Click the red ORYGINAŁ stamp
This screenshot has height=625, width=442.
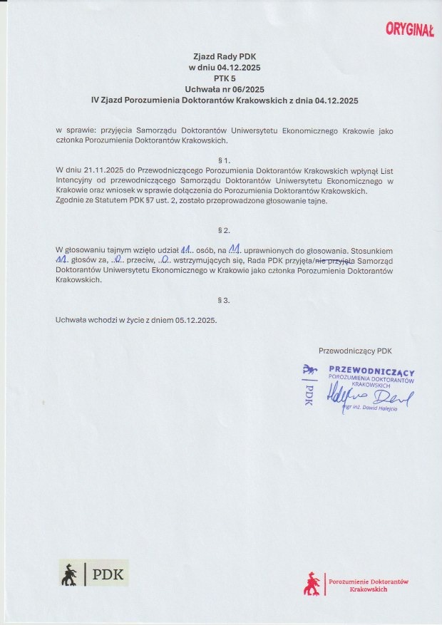[409, 29]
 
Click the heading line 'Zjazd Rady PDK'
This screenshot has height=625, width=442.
[225, 56]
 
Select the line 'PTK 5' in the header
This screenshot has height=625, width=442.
[225, 78]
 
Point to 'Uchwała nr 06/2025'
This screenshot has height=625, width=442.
[225, 90]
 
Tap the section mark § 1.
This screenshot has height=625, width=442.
[225, 160]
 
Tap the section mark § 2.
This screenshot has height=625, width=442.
[225, 231]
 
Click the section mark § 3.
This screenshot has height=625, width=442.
[225, 301]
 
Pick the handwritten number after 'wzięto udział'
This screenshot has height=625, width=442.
[187, 251]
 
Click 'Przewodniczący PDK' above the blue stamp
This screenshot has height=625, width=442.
[355, 350]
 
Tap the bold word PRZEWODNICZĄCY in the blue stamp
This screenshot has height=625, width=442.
[371, 372]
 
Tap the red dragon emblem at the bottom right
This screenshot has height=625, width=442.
[312, 584]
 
